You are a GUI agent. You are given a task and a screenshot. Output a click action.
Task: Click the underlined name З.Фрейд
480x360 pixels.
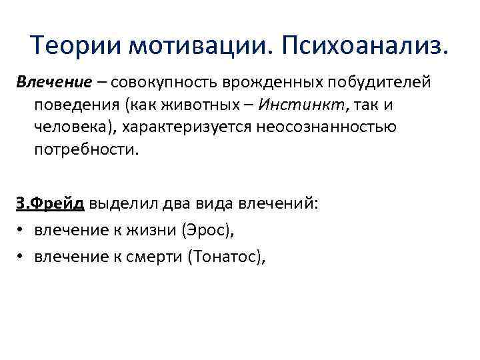click(51, 204)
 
